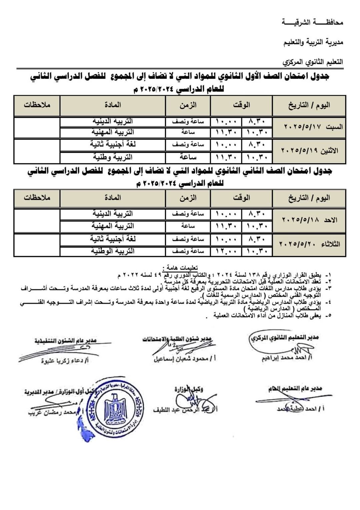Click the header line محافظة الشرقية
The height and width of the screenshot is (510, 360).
[312, 23]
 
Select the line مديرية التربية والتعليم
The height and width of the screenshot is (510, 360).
[313, 42]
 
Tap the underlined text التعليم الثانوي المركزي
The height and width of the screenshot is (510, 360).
[313, 62]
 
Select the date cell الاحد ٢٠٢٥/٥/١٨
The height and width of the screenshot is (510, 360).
[309, 220]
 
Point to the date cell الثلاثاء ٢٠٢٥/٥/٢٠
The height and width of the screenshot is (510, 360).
[309, 244]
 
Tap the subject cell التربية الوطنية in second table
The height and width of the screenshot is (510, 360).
[113, 251]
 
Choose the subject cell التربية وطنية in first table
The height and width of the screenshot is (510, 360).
[113, 157]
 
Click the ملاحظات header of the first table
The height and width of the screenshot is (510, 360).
[37, 105]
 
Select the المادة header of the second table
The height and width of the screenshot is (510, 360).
[113, 198]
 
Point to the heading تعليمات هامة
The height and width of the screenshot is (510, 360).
[180, 268]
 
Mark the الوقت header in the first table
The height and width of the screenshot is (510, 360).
[241, 105]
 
